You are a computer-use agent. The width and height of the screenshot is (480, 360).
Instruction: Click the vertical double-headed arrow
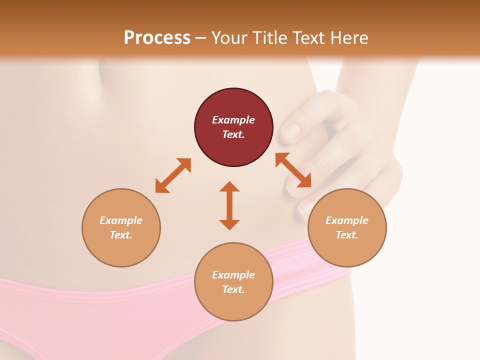tap(229, 205)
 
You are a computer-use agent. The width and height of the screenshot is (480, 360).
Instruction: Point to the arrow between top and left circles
tap(173, 175)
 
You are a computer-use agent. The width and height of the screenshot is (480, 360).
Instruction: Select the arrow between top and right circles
tap(293, 170)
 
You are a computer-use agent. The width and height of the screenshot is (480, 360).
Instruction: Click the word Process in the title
tap(157, 37)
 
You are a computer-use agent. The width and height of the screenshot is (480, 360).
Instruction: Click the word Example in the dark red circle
tap(233, 120)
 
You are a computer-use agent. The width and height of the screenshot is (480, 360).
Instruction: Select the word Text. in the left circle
tap(121, 235)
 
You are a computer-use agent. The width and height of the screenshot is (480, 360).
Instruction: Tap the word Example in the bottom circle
tap(233, 275)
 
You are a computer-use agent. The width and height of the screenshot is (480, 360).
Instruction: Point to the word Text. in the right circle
tap(347, 235)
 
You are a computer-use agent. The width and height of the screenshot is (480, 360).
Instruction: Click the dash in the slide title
tap(201, 38)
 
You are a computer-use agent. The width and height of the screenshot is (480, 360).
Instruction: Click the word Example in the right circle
tap(347, 220)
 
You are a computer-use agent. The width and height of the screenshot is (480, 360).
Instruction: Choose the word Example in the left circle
tap(121, 220)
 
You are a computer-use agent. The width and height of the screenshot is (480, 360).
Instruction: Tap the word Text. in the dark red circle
tap(233, 134)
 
